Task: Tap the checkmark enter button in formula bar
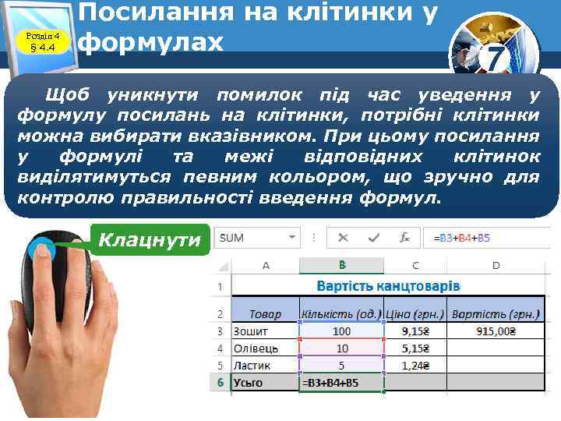pyautogui.click(x=374, y=237)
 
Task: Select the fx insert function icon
pyautogui.click(x=404, y=237)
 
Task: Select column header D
pyautogui.click(x=496, y=265)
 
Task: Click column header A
pyautogui.click(x=265, y=265)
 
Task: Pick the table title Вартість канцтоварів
pyautogui.click(x=387, y=286)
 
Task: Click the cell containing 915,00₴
pyautogui.click(x=496, y=331)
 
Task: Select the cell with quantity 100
pyautogui.click(x=342, y=331)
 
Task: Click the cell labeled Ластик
pyautogui.click(x=265, y=366)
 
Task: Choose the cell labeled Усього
pyautogui.click(x=265, y=383)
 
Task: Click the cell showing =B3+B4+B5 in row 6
pyautogui.click(x=342, y=383)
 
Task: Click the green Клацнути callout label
pyautogui.click(x=150, y=239)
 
